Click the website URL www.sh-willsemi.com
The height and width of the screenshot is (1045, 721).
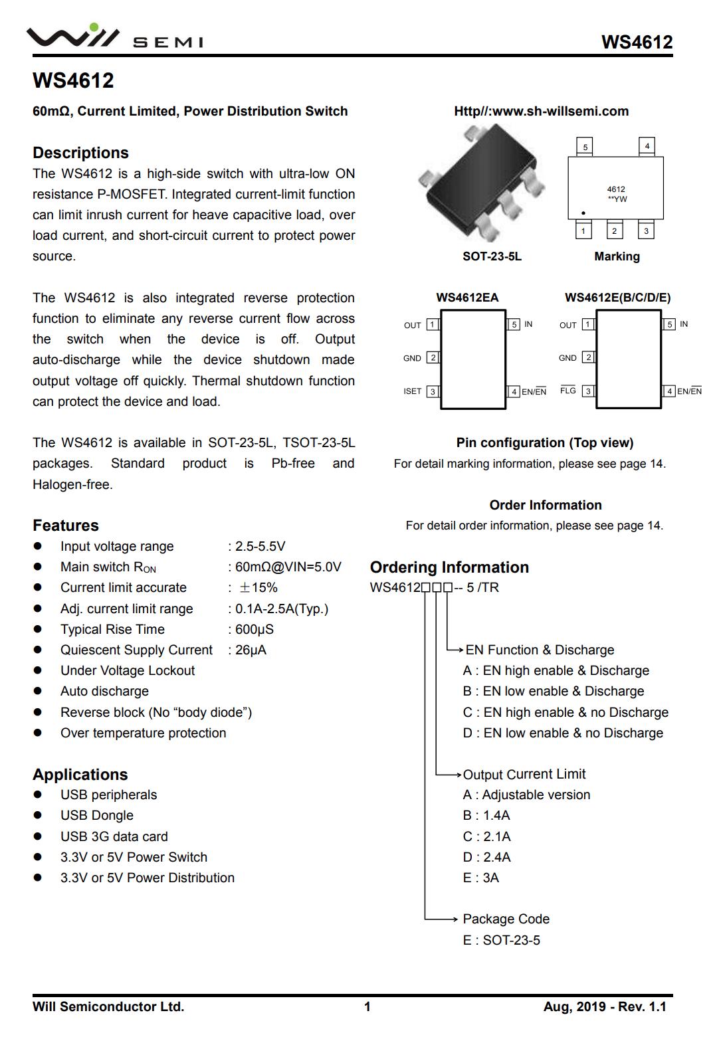[541, 111]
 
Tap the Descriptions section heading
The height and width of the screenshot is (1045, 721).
[80, 153]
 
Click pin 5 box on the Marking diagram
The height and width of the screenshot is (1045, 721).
[585, 147]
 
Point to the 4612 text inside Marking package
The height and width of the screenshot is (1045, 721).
[616, 189]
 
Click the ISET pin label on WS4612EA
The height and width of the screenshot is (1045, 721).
[412, 391]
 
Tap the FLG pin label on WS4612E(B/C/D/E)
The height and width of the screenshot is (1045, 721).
[567, 391]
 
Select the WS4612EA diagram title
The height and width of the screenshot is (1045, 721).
[467, 298]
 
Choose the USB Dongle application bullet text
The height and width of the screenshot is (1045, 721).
[97, 815]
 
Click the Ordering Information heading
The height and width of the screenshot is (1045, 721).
[449, 567]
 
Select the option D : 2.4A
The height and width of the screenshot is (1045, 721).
[486, 857]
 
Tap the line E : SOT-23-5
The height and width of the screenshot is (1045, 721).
[501, 940]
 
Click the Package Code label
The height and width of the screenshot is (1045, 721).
[506, 919]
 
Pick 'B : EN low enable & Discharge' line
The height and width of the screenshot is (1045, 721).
[553, 691]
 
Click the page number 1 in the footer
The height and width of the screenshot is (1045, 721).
[367, 1006]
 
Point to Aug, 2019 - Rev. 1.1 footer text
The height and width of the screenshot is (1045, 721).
[604, 1006]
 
